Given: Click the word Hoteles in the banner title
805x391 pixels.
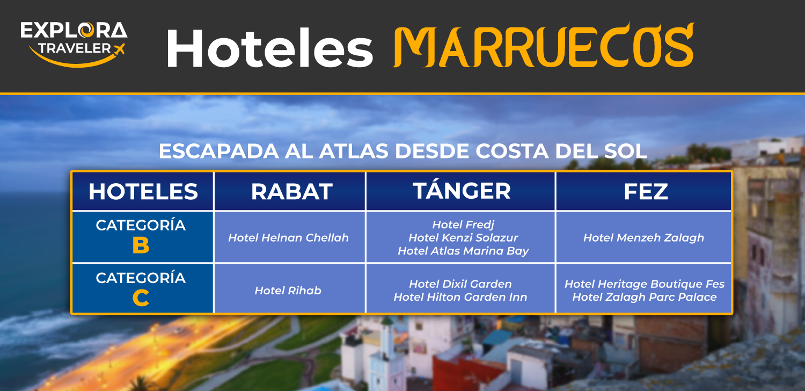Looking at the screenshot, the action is point(270,48).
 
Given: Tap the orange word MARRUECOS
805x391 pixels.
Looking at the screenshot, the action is point(543,45).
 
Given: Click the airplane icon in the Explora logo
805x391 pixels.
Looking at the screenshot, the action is point(119,49).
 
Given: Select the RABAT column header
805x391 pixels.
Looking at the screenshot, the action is point(291,191).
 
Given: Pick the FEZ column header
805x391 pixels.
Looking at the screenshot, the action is point(646,191).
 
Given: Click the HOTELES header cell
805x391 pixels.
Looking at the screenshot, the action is point(143,191).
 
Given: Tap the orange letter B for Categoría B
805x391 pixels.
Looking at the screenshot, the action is point(141,245).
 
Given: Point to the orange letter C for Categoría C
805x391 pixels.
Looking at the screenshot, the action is point(141,298).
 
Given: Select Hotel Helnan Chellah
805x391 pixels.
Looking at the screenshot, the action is point(288,238).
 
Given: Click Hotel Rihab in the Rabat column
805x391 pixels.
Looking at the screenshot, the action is point(288,291).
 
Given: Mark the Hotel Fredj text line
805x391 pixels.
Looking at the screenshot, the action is point(463,225).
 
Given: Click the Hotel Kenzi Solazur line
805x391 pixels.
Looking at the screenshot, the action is point(463,238).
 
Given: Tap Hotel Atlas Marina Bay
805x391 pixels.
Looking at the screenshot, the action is point(463,251).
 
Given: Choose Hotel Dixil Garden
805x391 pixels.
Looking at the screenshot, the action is point(460,284).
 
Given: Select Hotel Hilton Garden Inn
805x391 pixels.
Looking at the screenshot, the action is point(460,297).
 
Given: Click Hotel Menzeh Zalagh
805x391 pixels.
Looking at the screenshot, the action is point(643,238).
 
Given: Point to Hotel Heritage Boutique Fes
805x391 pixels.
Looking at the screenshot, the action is point(645,284).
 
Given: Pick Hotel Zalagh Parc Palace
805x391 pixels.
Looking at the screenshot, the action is point(645,297).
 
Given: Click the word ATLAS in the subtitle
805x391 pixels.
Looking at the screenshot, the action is point(354,151).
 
